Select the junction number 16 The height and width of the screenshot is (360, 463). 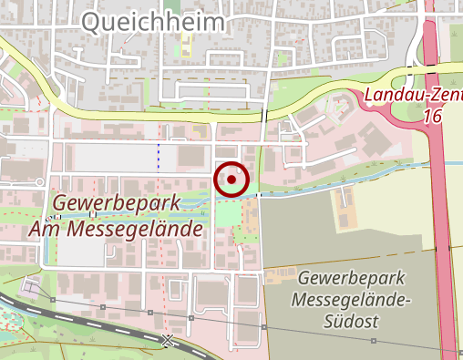point(434,118)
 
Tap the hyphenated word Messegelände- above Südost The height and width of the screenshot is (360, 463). point(350,299)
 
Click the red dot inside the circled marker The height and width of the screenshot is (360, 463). point(231,180)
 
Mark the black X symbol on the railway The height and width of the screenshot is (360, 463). point(167,341)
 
